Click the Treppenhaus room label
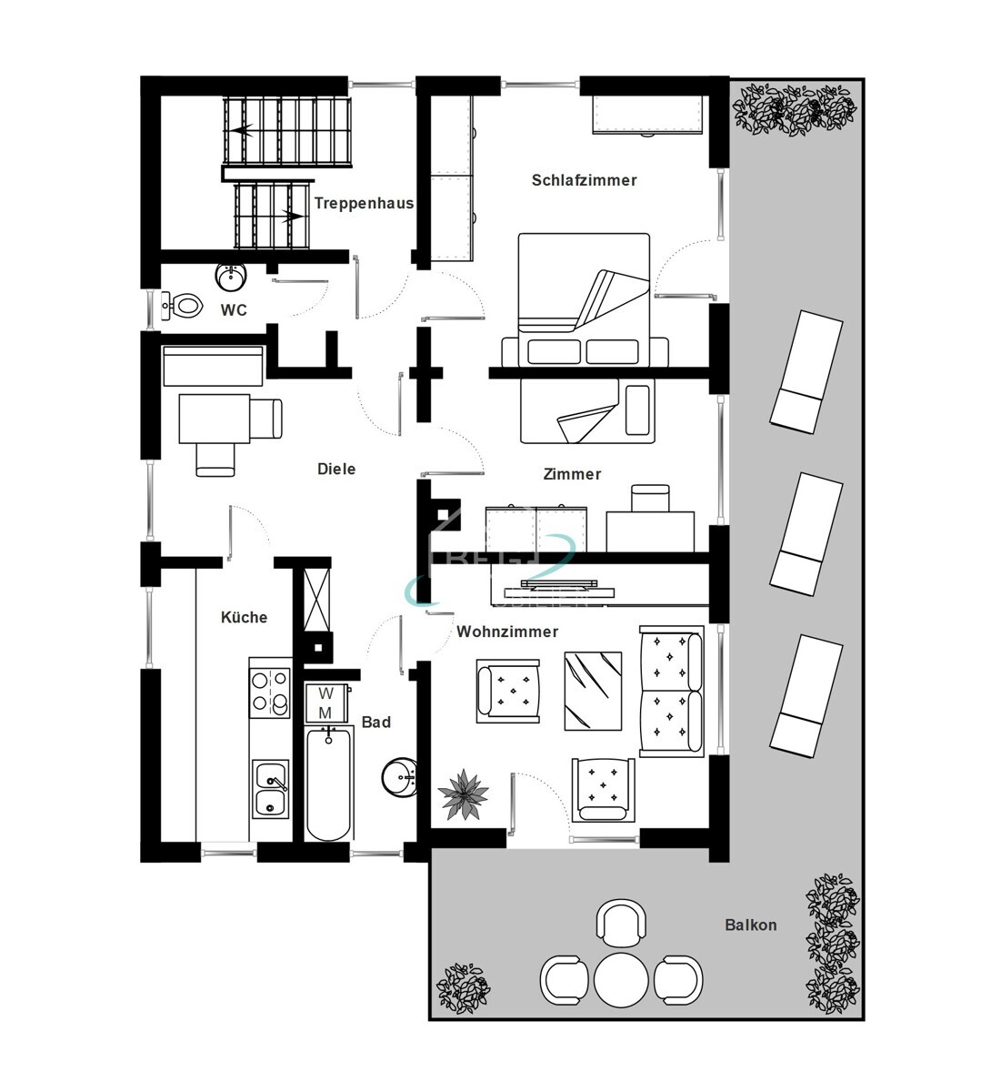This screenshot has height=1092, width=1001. tap(364, 203)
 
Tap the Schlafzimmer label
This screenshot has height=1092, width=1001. tap(584, 180)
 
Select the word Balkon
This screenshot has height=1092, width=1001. tap(750, 925)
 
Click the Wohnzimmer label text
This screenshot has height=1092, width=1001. tap(507, 632)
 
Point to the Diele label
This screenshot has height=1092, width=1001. tap(336, 469)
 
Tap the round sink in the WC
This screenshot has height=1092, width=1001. tap(231, 276)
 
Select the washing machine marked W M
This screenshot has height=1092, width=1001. tap(325, 703)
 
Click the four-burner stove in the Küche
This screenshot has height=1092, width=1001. tap(270, 691)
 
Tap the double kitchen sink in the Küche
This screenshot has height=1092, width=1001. tap(270, 789)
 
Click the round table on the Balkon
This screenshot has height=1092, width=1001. tap(621, 979)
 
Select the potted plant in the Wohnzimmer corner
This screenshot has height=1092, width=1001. tap(464, 794)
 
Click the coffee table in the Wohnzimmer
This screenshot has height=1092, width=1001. tap(593, 691)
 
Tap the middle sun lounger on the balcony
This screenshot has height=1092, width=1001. tap(806, 533)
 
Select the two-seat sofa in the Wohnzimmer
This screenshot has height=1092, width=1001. tap(672, 691)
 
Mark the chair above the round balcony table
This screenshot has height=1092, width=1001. tap(621, 921)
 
